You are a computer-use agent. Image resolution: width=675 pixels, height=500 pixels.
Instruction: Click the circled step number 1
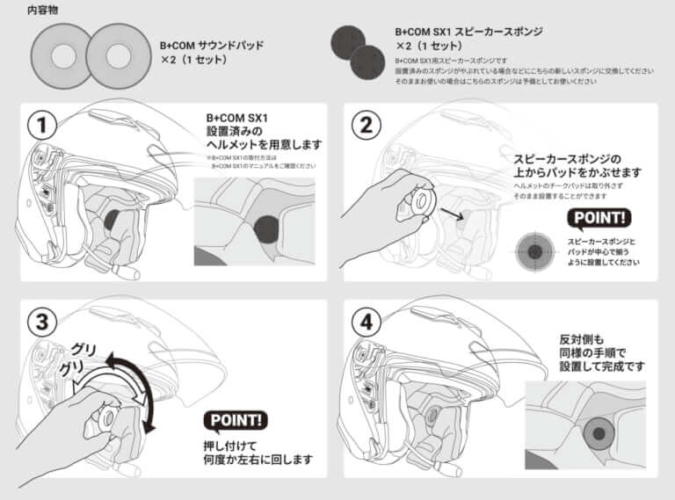click(x=38, y=125)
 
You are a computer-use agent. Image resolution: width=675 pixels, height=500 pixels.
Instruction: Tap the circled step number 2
click(x=361, y=125)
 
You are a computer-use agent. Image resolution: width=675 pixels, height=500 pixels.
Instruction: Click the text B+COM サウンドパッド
click(x=211, y=46)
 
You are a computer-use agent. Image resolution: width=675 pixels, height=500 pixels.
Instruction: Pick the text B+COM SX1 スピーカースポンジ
click(x=468, y=31)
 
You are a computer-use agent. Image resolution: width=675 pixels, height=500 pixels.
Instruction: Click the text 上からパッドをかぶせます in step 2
click(x=578, y=171)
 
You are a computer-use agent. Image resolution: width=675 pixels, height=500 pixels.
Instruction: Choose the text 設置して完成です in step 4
click(x=602, y=366)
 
